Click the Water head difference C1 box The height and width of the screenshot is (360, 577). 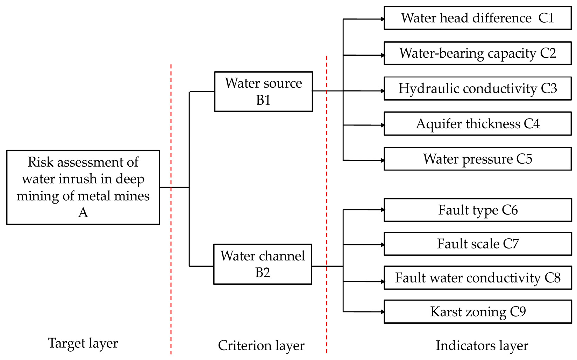477,18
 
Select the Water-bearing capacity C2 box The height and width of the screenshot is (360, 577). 477,53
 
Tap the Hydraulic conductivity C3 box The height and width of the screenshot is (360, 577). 477,88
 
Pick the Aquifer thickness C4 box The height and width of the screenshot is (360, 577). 477,124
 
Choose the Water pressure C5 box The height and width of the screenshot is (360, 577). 477,159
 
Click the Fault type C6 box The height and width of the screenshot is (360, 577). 477,210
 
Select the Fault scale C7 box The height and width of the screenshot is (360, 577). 477,244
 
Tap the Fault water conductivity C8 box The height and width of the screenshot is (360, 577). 477,278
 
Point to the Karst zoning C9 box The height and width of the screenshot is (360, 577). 477,311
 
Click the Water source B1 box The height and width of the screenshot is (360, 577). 263,92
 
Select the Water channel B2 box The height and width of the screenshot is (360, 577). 263,264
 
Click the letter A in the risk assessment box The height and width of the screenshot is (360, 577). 83,213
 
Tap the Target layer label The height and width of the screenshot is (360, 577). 83,343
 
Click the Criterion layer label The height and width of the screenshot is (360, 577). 261,345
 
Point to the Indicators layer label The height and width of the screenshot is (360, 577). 482,345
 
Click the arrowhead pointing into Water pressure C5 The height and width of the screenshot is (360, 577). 383,160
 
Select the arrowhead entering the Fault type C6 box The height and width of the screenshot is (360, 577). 383,210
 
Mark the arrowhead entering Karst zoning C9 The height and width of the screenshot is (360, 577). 383,311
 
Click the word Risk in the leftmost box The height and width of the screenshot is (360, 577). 41,162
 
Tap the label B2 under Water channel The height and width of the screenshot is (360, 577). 263,273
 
